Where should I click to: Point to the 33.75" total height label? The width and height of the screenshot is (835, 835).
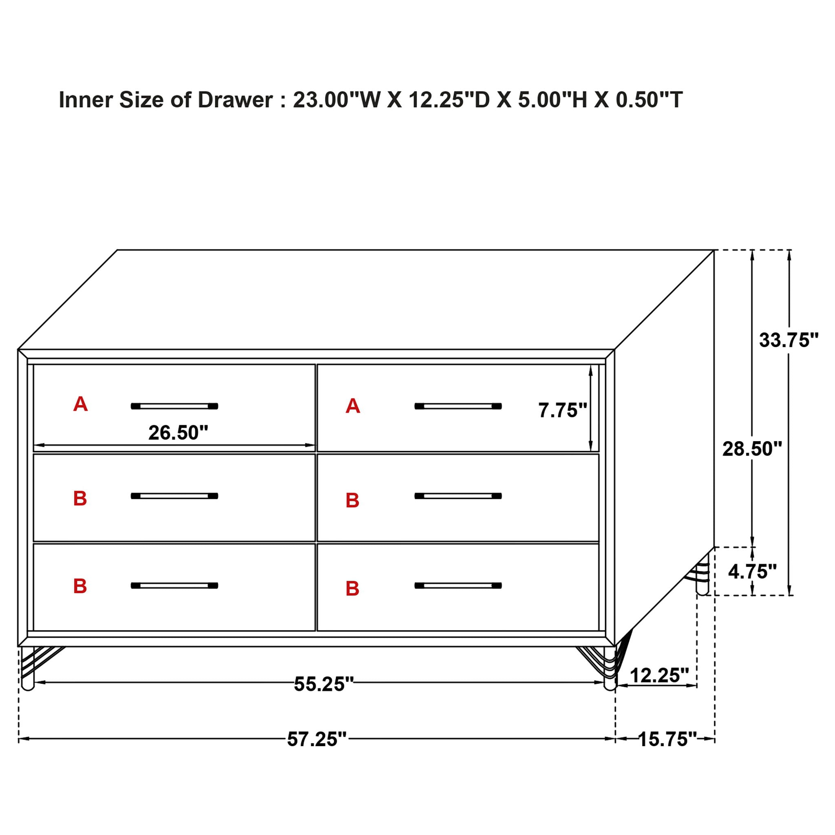(789, 340)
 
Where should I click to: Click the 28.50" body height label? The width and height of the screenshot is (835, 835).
(752, 449)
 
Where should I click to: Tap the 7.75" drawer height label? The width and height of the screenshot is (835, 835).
(562, 410)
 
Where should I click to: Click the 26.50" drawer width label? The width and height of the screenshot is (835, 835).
(178, 433)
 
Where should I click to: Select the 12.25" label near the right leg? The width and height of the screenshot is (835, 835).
(659, 675)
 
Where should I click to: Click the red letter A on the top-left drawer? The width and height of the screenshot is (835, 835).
(80, 404)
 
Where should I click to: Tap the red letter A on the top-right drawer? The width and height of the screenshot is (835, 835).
(353, 406)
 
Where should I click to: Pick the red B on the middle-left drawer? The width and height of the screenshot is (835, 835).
(80, 498)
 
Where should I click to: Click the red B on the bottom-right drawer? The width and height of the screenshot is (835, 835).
(352, 588)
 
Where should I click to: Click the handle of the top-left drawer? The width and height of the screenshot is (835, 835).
(174, 406)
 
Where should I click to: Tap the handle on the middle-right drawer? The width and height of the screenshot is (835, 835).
(458, 496)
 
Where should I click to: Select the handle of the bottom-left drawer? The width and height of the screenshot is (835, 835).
(174, 585)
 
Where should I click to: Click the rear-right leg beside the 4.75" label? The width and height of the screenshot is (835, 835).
(702, 579)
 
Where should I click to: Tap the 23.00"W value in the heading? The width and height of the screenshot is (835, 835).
(336, 100)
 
